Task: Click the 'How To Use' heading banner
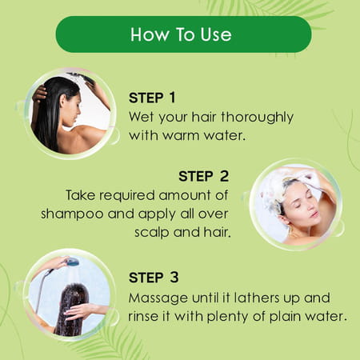[x=183, y=34]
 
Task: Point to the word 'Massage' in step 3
[x=157, y=298]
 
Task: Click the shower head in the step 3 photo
[x=71, y=262]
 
